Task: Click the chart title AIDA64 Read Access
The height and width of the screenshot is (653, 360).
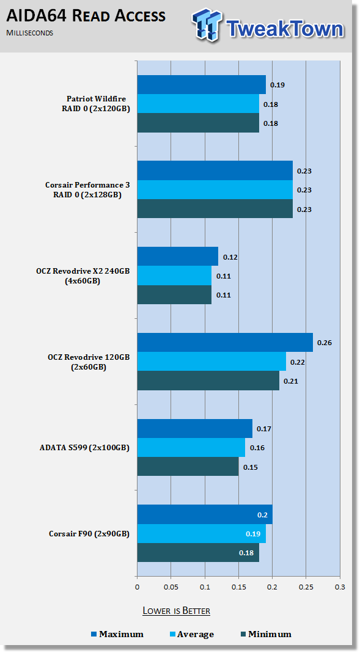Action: tap(86, 16)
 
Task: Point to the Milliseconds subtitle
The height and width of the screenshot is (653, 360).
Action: tap(29, 33)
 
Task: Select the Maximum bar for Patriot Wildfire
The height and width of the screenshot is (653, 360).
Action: tap(202, 84)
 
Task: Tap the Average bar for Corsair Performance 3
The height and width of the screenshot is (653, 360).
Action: tap(215, 190)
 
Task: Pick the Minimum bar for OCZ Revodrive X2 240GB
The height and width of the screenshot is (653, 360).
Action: tap(175, 295)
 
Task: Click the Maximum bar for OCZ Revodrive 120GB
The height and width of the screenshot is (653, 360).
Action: tap(225, 342)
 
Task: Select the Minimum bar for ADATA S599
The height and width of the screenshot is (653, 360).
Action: tap(188, 467)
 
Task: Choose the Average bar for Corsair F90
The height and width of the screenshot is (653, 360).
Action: tap(202, 533)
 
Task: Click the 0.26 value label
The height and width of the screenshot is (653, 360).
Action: tap(325, 343)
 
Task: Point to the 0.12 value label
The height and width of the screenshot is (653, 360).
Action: tap(230, 257)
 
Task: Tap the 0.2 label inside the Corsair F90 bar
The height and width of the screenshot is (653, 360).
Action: tap(262, 515)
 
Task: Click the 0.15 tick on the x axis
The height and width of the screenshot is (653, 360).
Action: tap(238, 587)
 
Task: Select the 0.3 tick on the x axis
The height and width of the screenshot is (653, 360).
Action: tap(340, 587)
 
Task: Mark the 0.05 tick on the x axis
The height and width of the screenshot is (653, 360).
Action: tap(171, 587)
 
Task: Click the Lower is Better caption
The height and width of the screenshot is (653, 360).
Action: tap(176, 610)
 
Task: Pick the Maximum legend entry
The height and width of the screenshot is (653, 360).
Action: tap(117, 634)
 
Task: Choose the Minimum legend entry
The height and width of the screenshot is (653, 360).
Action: tap(266, 634)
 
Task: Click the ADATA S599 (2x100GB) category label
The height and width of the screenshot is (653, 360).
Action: tap(84, 448)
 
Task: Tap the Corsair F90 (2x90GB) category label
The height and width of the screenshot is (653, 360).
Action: tap(89, 533)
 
